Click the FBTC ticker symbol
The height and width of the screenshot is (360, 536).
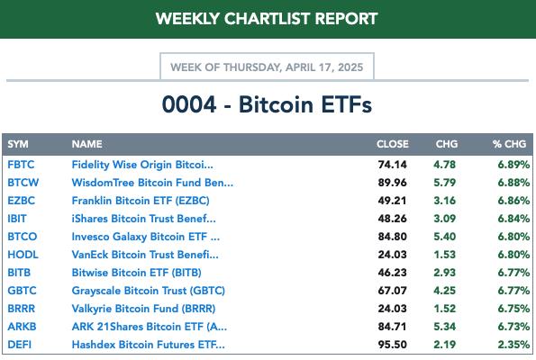tap(21, 165)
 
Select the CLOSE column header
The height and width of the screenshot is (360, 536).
tap(393, 144)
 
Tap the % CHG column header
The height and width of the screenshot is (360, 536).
tap(509, 144)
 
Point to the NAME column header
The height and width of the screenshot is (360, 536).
tap(86, 144)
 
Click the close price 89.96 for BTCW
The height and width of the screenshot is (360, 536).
tap(393, 183)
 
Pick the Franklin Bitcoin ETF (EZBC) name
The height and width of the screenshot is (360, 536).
tap(141, 201)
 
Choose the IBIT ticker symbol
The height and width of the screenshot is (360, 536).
tap(17, 219)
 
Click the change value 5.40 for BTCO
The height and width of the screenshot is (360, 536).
tap(445, 237)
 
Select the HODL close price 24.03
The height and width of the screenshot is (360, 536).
tap(393, 255)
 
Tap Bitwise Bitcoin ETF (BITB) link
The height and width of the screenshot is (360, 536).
tap(136, 273)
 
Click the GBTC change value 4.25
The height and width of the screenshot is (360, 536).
tap(445, 291)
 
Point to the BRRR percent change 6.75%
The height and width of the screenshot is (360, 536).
tap(513, 309)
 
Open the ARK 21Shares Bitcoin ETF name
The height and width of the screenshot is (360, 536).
tap(149, 327)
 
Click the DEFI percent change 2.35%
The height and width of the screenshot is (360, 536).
tap(513, 345)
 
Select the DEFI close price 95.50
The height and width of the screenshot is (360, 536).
tap(393, 345)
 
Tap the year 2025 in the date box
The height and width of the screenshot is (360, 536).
tap(350, 67)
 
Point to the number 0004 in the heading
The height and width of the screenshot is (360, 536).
tap(189, 104)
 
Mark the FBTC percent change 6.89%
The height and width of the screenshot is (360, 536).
tap(513, 165)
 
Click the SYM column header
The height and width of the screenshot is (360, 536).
tap(18, 144)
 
